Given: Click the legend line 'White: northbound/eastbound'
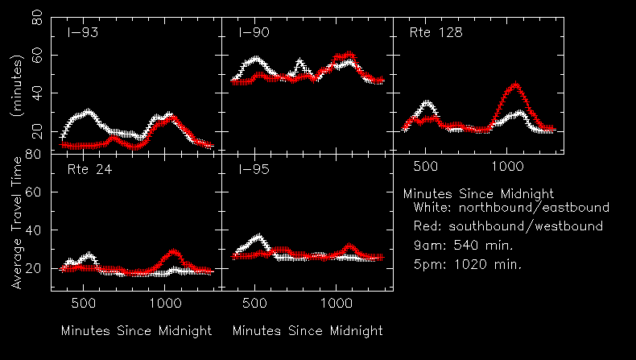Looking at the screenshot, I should tap(510, 208).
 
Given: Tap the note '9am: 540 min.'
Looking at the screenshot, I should tap(463, 245).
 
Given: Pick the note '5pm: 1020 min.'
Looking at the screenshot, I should tap(467, 263).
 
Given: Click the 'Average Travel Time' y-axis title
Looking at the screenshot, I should tap(17, 222).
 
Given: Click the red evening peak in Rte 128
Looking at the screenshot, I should tap(515, 85).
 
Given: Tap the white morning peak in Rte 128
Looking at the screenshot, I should tap(427, 103).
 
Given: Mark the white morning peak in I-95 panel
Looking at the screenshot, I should tap(258, 237).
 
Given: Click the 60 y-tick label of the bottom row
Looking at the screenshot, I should tap(36, 192).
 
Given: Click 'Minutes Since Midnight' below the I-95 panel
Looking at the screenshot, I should tap(308, 331).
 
